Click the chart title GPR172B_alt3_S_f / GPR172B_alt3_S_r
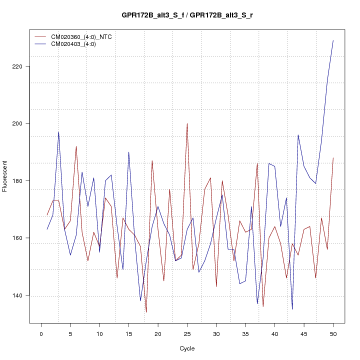tap(187, 15)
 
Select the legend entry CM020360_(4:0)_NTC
tap(78, 37)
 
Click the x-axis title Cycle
tap(187, 348)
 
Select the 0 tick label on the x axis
tap(41, 333)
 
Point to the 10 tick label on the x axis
tap(99, 333)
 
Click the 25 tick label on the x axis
tap(187, 333)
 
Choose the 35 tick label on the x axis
tap(245, 333)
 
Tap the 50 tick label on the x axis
tap(333, 333)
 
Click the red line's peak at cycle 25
tap(187, 123)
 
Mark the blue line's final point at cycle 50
tap(333, 40)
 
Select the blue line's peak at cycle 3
tap(58, 132)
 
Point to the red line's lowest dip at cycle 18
tap(146, 312)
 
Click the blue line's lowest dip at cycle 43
tap(292, 309)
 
